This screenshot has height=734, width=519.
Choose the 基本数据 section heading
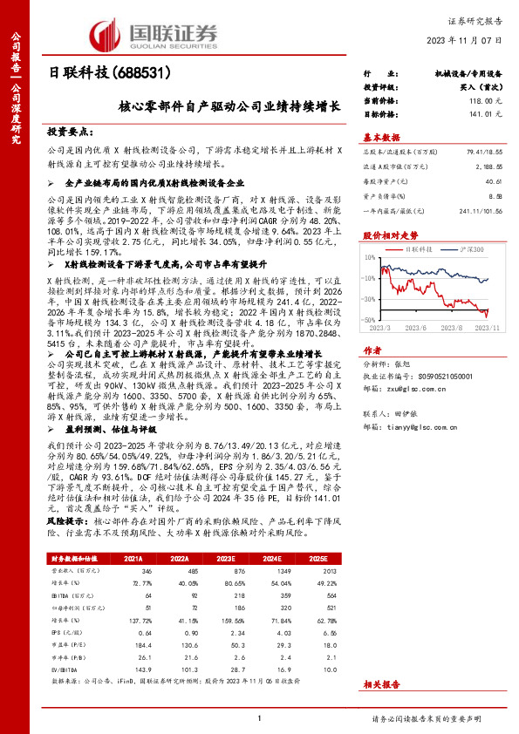click(x=381, y=137)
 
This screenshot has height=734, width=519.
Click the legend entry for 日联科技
click(x=423, y=249)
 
